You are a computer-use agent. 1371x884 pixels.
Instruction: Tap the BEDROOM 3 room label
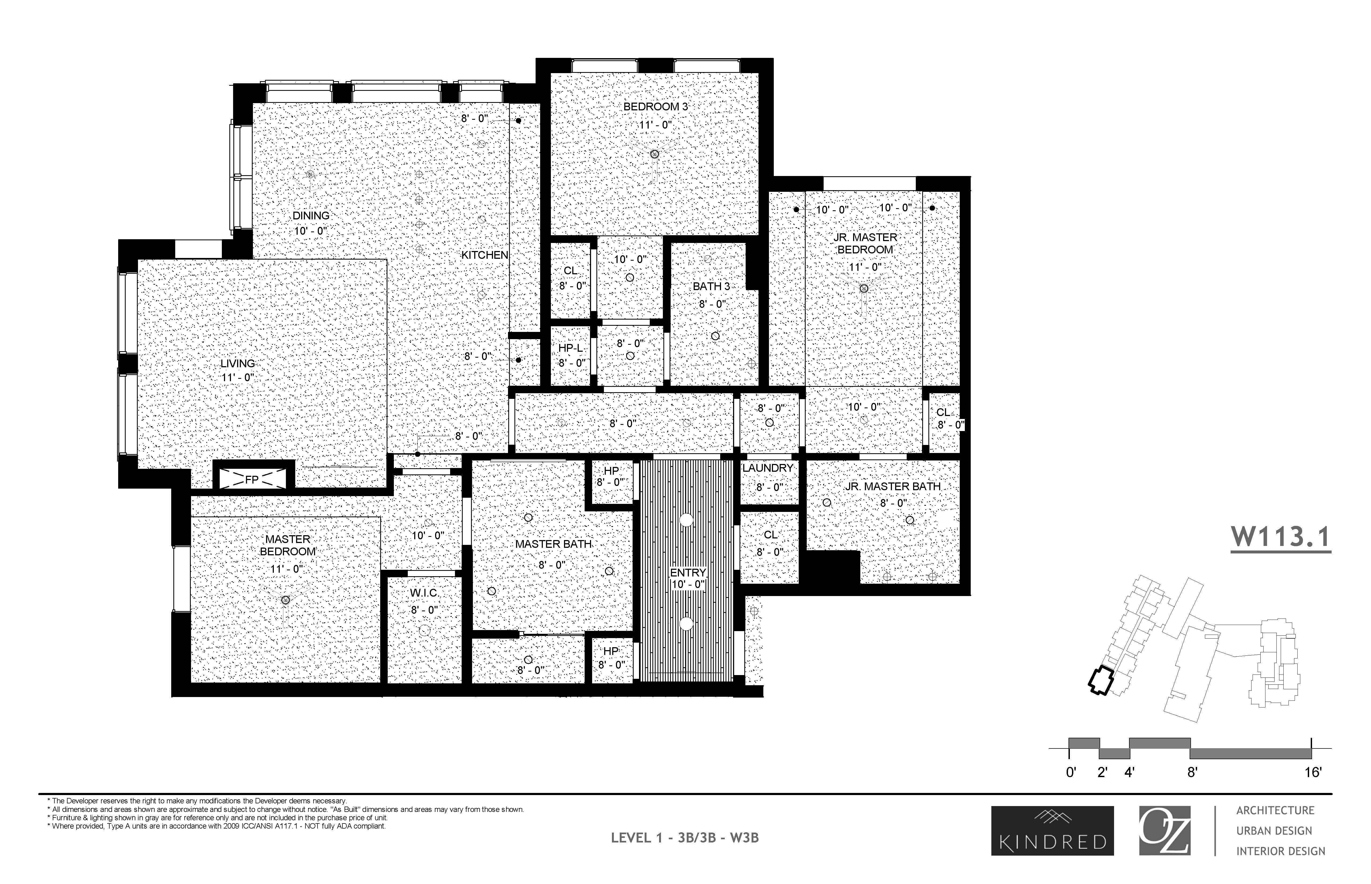point(655,107)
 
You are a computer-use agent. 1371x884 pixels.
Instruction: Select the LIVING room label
point(238,363)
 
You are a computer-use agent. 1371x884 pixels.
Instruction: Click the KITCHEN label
point(485,255)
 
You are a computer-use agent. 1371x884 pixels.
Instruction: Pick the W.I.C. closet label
point(424,593)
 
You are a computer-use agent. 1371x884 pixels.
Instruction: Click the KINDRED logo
point(1052,831)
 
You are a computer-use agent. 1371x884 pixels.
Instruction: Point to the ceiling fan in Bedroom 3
point(655,154)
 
